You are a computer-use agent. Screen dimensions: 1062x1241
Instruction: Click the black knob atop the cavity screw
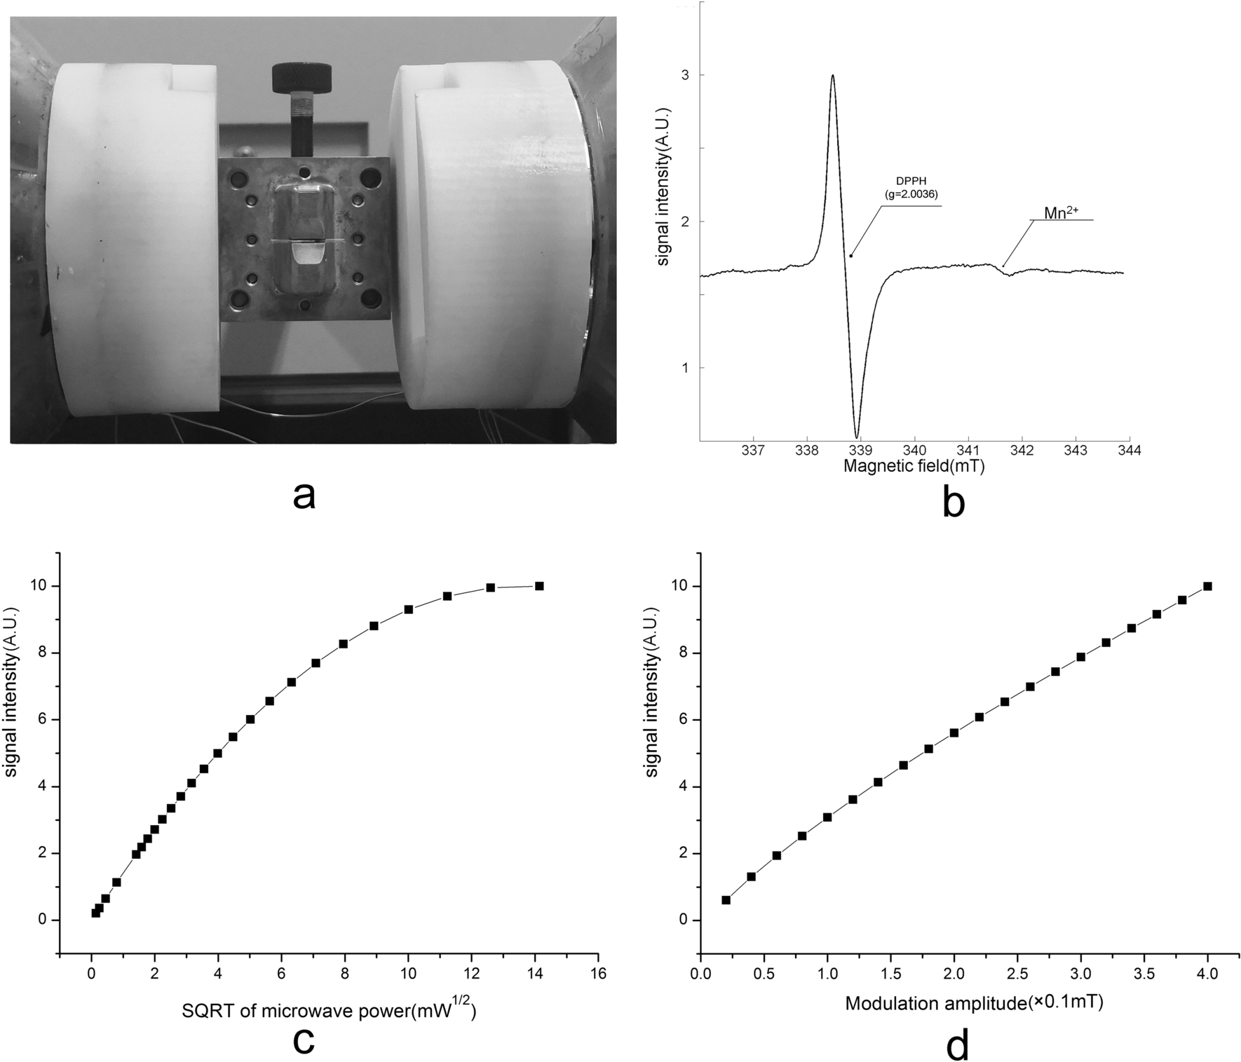click(304, 74)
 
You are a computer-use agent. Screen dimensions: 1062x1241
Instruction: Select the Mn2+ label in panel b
click(1061, 212)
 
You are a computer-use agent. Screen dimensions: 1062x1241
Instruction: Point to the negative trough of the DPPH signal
click(857, 436)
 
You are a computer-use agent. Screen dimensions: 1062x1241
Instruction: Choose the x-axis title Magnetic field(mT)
click(914, 466)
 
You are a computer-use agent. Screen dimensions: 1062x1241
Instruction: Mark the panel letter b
click(954, 502)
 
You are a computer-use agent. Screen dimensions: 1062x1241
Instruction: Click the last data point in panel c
click(539, 586)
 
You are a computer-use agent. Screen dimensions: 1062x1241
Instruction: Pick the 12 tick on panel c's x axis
click(471, 974)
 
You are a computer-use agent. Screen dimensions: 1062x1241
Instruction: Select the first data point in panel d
click(726, 900)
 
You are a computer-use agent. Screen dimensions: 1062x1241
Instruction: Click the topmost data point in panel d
click(1207, 586)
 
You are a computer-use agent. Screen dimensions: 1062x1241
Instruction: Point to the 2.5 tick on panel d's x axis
click(1017, 975)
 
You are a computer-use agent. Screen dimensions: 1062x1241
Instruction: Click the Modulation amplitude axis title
click(974, 1003)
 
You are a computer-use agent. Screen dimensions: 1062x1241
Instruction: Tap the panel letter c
click(303, 1041)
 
